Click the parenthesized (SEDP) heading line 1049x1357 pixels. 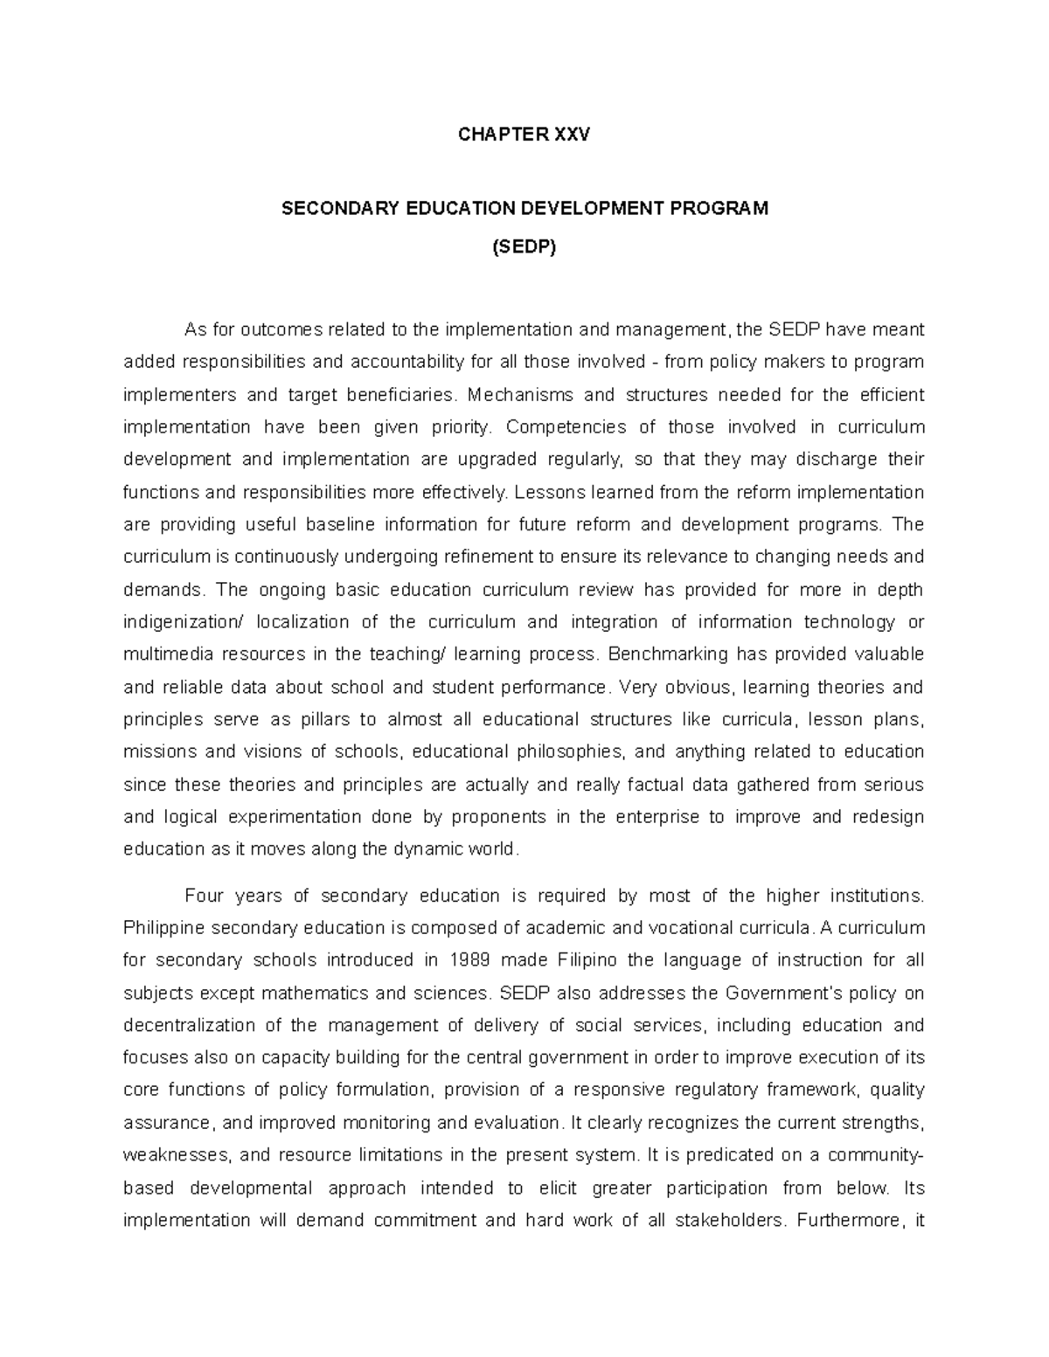(x=524, y=247)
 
